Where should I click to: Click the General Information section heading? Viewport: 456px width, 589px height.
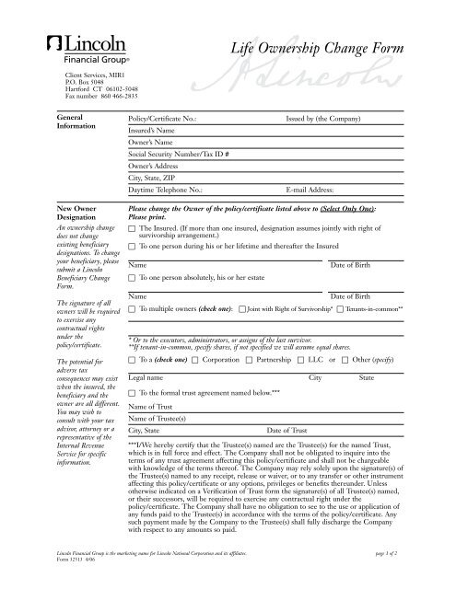point(76,124)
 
